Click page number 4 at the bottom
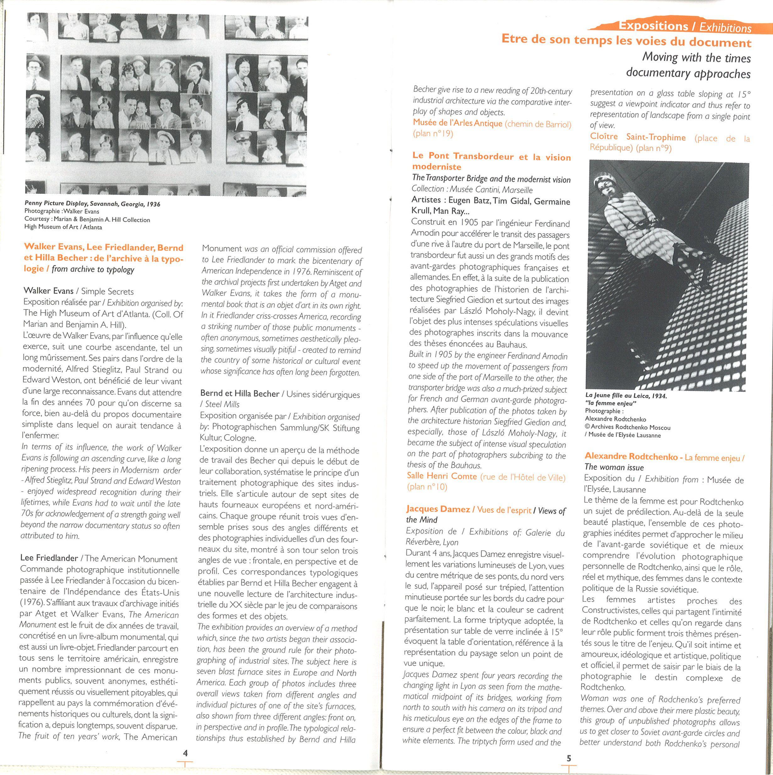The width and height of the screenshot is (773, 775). [x=185, y=753]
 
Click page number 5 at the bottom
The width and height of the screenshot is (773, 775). [x=568, y=758]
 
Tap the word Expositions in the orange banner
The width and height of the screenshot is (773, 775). [x=653, y=26]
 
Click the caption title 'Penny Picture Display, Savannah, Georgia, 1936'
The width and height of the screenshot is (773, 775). [x=92, y=204]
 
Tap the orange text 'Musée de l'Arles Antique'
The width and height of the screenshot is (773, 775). [x=457, y=123]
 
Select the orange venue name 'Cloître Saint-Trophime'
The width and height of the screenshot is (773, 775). [x=638, y=137]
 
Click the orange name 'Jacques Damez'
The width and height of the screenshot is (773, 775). [x=438, y=509]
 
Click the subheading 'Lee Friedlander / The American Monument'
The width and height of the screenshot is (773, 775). [x=99, y=558]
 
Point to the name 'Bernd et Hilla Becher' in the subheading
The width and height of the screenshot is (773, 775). [x=239, y=394]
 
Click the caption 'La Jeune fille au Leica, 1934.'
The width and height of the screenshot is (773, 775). [x=626, y=396]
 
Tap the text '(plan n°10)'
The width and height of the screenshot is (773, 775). [x=426, y=487]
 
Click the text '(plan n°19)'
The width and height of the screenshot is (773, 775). [x=433, y=134]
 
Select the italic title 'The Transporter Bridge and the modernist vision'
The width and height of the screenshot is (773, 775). [x=491, y=179]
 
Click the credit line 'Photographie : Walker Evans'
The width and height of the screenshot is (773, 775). [x=62, y=211]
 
